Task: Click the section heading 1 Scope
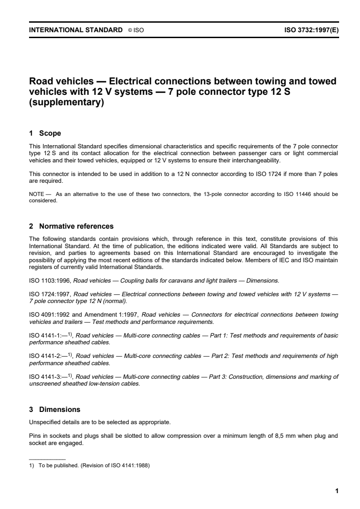point(45,133)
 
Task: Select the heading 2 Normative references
point(71,226)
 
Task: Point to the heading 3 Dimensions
point(54,409)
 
